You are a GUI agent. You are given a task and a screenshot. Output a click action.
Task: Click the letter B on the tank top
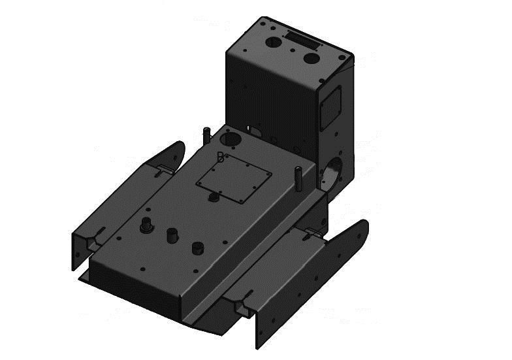coord(221,156)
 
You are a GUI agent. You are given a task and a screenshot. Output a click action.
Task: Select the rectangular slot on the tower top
coord(303,41)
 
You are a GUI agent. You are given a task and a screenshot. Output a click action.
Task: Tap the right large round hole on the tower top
coord(312,58)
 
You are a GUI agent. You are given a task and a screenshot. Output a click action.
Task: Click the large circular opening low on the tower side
coord(331,173)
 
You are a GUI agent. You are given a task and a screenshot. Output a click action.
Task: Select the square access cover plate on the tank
coord(234,181)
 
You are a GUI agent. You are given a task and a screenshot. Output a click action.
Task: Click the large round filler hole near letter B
coord(231,139)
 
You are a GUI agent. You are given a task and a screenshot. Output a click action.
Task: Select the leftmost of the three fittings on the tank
coord(146,225)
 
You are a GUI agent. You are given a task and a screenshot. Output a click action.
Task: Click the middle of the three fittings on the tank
coord(172,235)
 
